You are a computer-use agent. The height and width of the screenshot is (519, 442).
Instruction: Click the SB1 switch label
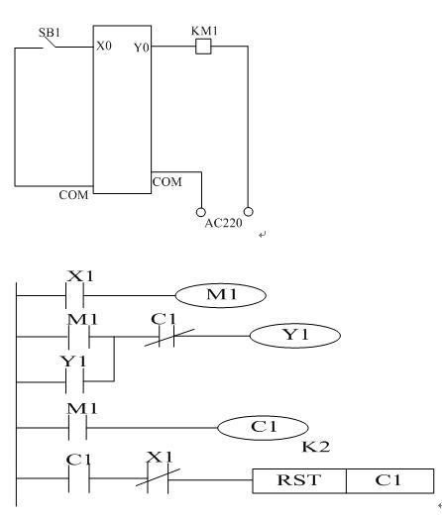(x=50, y=33)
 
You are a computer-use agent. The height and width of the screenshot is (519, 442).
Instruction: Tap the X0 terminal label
(x=104, y=46)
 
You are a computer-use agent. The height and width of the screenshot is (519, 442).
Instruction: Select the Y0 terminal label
(x=142, y=48)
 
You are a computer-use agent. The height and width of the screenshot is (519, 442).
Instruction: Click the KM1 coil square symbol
(x=203, y=47)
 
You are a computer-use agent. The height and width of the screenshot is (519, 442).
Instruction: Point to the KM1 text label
(x=204, y=31)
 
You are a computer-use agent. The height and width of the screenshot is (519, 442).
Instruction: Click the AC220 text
(x=224, y=223)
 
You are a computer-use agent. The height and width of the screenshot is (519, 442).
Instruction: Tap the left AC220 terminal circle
(x=200, y=212)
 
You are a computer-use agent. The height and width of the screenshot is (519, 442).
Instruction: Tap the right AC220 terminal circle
(x=249, y=212)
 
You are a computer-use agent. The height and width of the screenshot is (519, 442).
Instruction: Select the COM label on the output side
(x=167, y=181)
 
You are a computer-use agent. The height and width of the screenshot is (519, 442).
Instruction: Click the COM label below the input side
(x=73, y=195)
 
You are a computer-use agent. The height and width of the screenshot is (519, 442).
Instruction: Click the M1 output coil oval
(x=220, y=295)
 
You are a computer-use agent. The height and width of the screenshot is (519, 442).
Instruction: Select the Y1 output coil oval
(x=295, y=336)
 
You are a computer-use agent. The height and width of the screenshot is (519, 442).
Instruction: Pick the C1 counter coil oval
(x=263, y=428)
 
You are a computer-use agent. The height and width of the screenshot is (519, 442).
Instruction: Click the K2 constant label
(x=316, y=447)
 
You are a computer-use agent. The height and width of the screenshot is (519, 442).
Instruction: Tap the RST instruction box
(x=299, y=481)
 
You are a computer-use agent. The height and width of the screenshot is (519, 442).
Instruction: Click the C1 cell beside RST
(x=390, y=481)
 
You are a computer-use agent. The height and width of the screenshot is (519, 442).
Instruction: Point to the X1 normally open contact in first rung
(x=75, y=295)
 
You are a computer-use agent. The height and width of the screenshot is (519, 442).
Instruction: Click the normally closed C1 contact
(x=166, y=337)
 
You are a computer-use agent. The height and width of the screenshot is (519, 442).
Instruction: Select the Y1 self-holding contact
(x=75, y=381)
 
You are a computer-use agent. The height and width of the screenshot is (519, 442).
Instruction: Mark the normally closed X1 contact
(x=158, y=478)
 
